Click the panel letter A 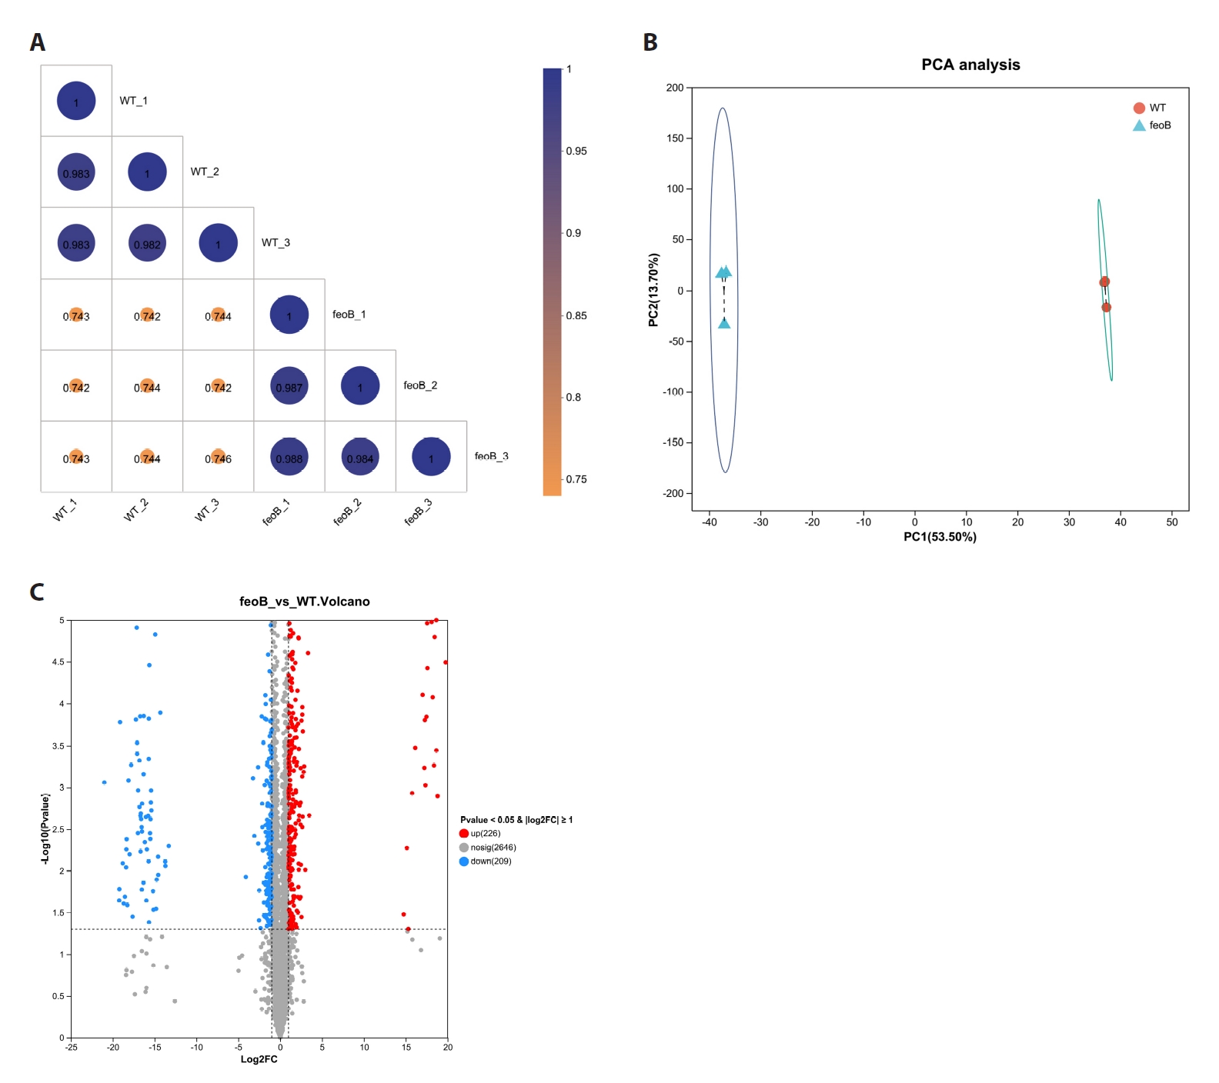(x=37, y=42)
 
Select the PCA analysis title (x=970, y=65)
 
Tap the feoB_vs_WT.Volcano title (x=305, y=601)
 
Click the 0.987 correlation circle (x=289, y=386)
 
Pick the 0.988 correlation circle (x=289, y=457)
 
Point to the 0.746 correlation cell (x=219, y=457)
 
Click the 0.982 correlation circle (x=147, y=243)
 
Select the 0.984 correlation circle (x=360, y=457)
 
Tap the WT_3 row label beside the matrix (x=276, y=242)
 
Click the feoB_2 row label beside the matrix (x=420, y=385)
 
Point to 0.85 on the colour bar (x=576, y=315)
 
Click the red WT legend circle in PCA (x=1139, y=108)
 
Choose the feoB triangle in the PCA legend (x=1139, y=125)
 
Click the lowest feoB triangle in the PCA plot (x=724, y=323)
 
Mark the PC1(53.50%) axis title (x=940, y=537)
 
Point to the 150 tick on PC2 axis (x=675, y=138)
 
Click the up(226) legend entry (x=480, y=833)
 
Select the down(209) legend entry (x=486, y=861)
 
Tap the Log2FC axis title (x=259, y=1059)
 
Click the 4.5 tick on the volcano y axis (x=58, y=661)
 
